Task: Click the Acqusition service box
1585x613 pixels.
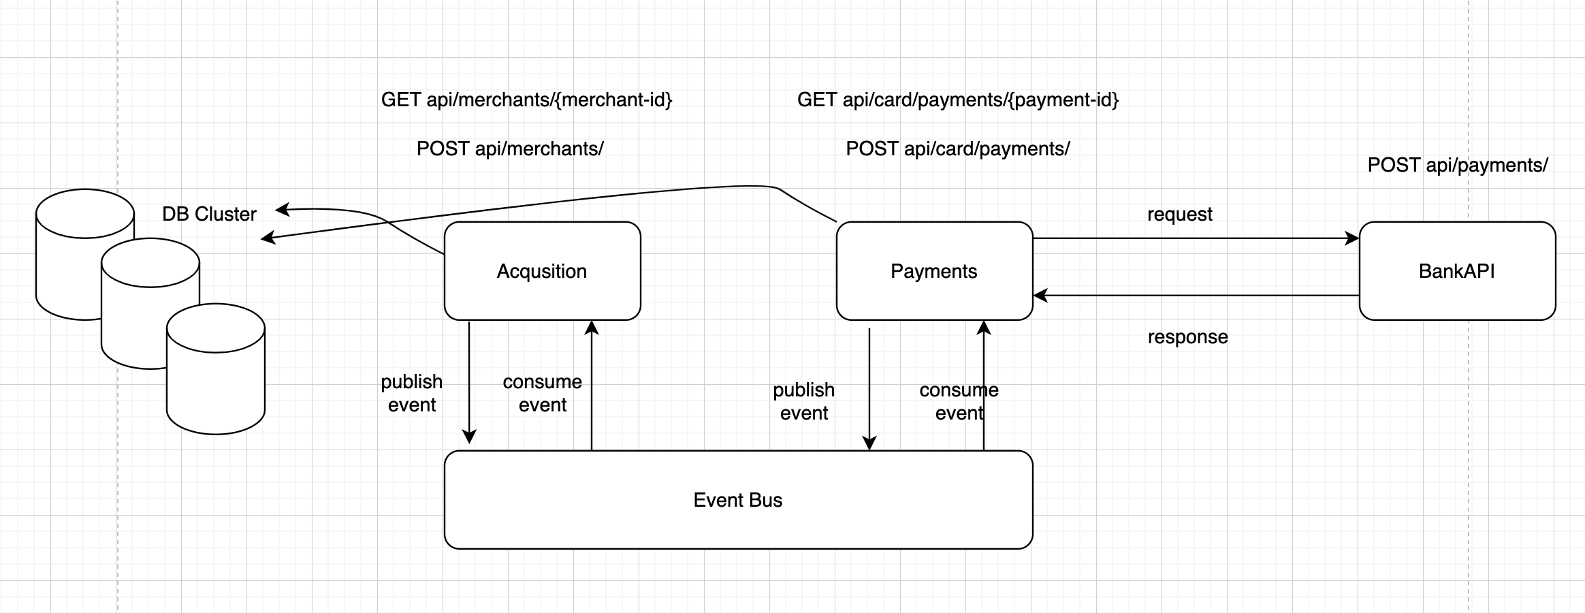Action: pos(542,271)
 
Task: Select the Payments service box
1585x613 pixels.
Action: pos(933,271)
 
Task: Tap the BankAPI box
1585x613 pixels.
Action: pos(1456,271)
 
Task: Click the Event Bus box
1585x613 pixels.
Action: pos(737,500)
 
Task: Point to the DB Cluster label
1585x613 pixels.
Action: pos(209,214)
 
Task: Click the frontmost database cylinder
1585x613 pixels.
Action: pos(216,381)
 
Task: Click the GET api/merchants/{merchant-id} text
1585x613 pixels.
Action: pos(526,100)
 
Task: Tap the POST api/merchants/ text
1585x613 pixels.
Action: pos(509,148)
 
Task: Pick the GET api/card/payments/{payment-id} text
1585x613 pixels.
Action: pos(957,100)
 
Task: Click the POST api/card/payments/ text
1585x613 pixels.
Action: pos(957,148)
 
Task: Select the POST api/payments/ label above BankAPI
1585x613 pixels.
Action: pos(1457,165)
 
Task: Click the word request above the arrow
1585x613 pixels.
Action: pos(1179,214)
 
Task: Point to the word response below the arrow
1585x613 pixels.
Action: pos(1187,336)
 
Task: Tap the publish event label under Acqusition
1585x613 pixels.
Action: pos(411,393)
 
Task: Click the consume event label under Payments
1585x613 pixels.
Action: pos(959,401)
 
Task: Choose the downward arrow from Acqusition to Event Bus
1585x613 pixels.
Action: pos(469,381)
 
